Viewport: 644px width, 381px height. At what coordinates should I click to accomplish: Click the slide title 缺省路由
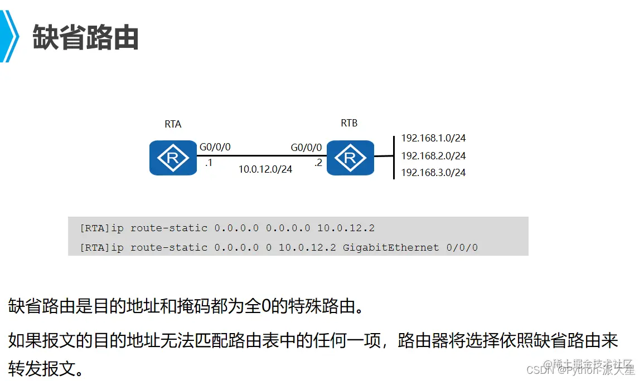[x=86, y=38]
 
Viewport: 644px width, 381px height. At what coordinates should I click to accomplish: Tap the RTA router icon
[x=173, y=158]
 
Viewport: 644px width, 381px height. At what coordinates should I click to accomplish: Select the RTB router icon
[x=350, y=158]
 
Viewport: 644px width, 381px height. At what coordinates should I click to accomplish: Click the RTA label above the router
[x=173, y=124]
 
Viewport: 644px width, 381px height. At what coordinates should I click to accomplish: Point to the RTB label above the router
[x=349, y=123]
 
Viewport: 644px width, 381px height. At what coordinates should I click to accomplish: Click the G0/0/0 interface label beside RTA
[x=215, y=148]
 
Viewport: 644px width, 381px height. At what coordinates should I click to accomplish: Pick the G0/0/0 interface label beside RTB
[x=306, y=148]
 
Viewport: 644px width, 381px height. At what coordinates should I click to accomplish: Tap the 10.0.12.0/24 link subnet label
[x=265, y=169]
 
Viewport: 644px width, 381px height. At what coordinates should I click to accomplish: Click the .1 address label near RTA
[x=209, y=163]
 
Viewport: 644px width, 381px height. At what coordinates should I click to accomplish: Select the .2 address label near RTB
[x=318, y=163]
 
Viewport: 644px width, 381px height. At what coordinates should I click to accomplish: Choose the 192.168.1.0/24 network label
[x=433, y=138]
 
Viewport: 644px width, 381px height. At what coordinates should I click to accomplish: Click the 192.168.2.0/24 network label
[x=433, y=156]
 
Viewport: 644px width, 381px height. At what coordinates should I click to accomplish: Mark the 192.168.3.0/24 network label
[x=433, y=173]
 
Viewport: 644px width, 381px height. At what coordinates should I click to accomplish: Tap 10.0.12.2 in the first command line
[x=346, y=228]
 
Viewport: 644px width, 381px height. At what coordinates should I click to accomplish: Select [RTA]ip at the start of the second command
[x=101, y=247]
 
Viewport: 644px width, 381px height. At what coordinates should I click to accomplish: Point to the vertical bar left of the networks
[x=394, y=157]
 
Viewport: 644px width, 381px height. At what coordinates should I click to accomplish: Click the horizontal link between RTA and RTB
[x=260, y=156]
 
